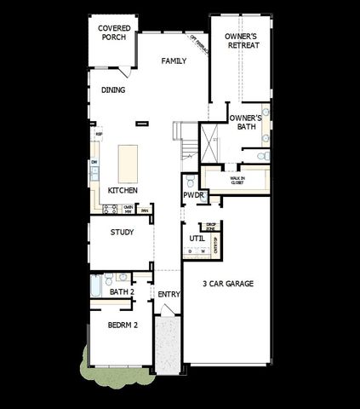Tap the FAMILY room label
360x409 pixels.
coord(174,61)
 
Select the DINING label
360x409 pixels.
coord(113,90)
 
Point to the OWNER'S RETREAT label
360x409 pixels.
coord(243,41)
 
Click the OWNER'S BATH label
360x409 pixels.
coord(246,122)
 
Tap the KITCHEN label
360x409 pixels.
coord(123,190)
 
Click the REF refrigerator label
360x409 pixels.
coord(100,134)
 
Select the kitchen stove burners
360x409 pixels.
coord(111,209)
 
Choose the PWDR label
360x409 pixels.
coord(191,195)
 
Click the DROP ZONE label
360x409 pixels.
coord(210,227)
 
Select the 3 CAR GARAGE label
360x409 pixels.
coord(228,284)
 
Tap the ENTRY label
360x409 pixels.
coord(169,294)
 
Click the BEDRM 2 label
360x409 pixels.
coord(123,325)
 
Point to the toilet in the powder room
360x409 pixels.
coord(190,181)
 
